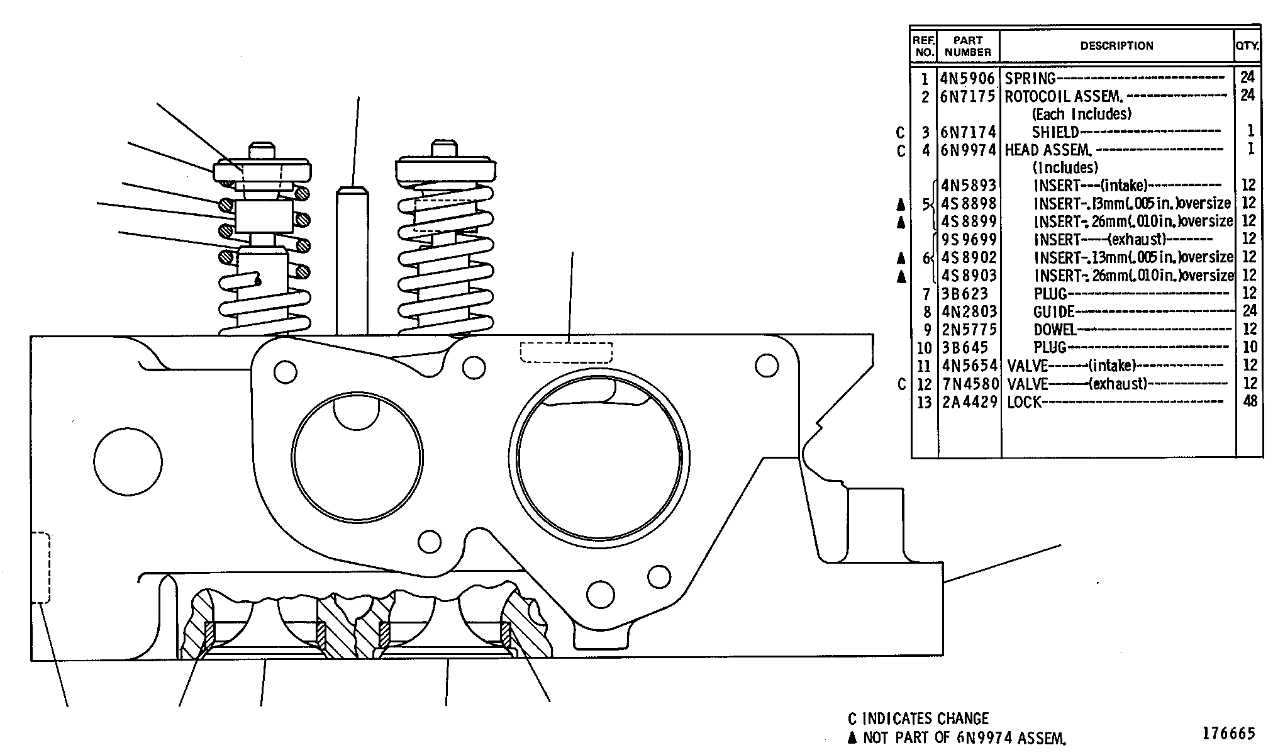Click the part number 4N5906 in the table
[968, 79]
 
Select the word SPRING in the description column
[1030, 79]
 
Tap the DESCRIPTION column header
[1116, 46]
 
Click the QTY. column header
[1247, 46]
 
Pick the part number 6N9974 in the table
[968, 150]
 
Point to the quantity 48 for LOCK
[1250, 401]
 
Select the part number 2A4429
[969, 402]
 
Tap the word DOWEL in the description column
[1055, 330]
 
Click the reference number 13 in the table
[923, 402]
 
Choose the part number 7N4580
[969, 384]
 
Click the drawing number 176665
[1229, 733]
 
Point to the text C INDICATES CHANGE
[918, 719]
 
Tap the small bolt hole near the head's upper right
[767, 366]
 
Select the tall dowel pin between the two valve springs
[352, 260]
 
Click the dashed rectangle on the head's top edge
[566, 352]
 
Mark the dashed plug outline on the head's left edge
[41, 568]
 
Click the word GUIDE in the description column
[1054, 311]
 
